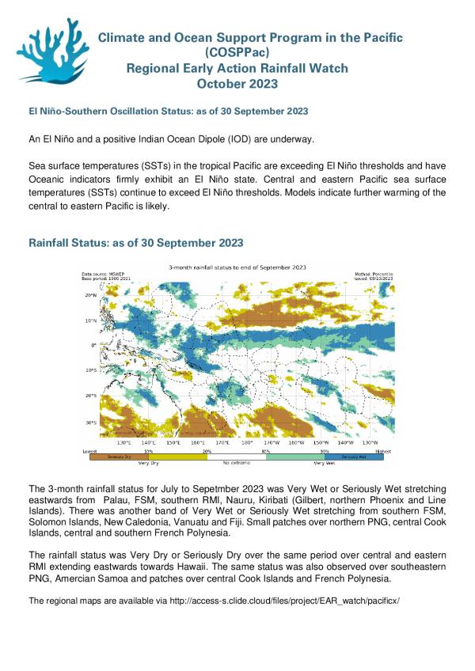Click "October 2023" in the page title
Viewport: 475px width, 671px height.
(237, 83)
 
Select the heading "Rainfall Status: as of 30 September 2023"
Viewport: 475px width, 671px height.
(135, 242)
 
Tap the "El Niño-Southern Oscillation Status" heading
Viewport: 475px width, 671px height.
(168, 111)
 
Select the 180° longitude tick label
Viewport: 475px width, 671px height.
(246, 443)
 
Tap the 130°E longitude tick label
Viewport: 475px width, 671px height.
(124, 443)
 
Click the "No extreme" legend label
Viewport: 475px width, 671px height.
(236, 462)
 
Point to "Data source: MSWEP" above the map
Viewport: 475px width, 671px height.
(101, 272)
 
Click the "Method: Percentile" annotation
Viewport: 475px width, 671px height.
(374, 272)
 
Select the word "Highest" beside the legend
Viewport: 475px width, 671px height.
(383, 449)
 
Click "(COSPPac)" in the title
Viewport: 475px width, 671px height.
(237, 52)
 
